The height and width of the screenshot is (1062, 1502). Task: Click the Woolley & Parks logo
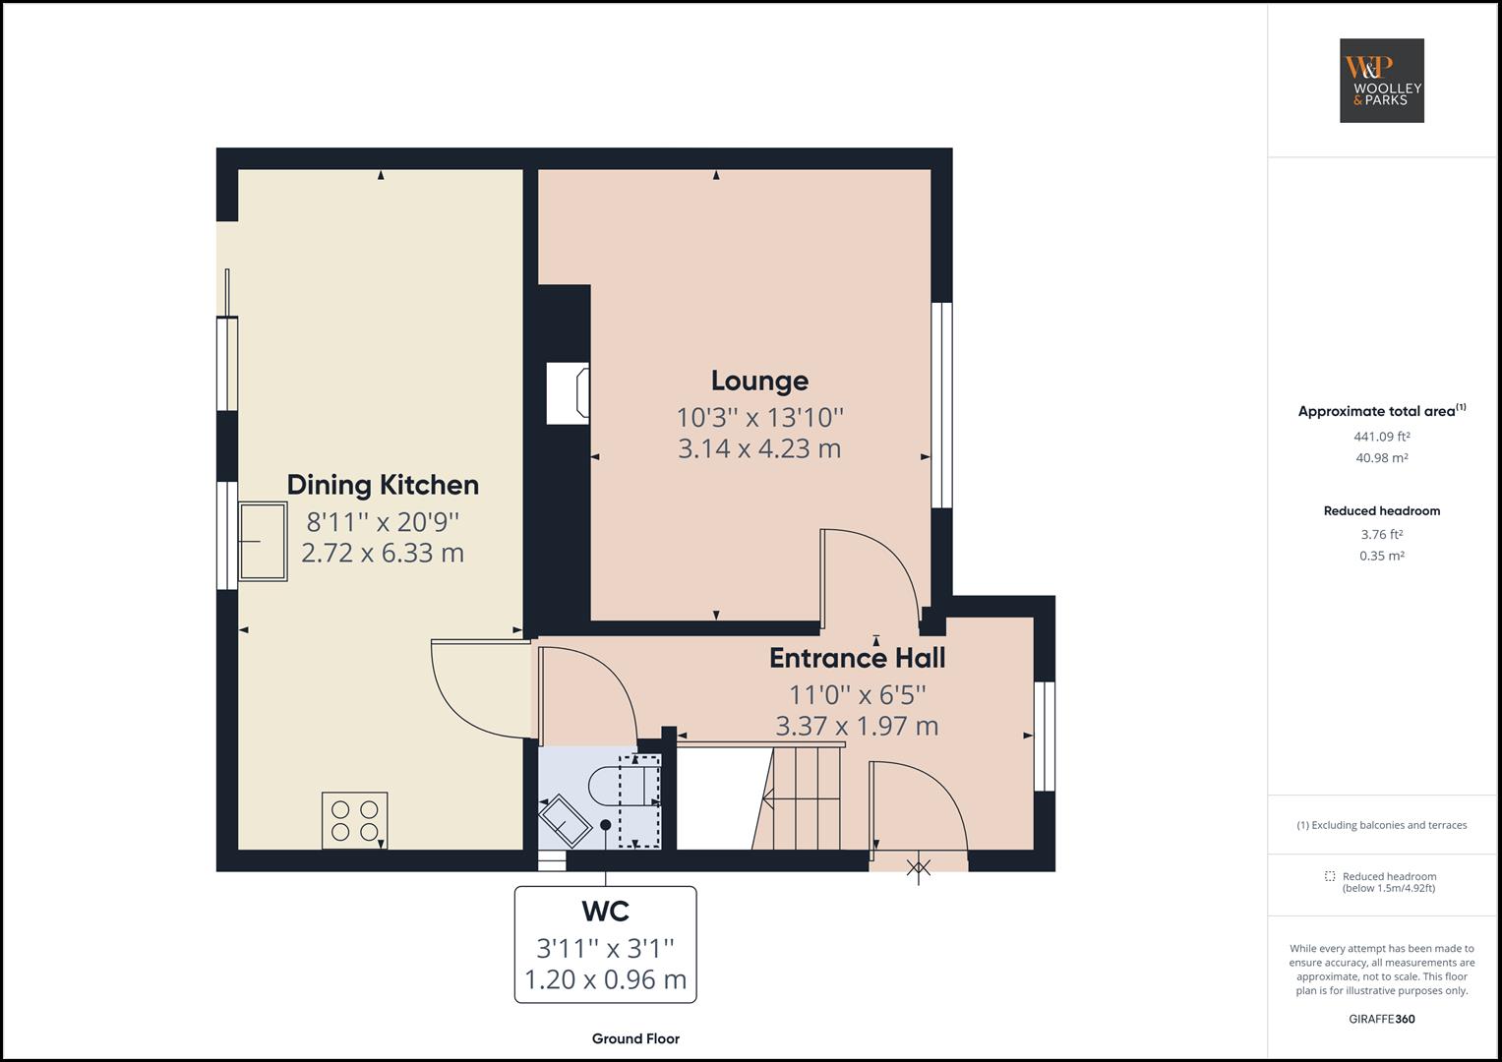click(1381, 81)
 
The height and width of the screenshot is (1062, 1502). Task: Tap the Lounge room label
click(759, 381)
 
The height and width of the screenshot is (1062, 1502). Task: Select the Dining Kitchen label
click(383, 485)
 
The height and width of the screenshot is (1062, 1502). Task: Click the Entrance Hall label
click(857, 658)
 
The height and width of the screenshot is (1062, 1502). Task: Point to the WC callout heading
click(605, 912)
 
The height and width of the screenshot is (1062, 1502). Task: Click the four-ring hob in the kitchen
click(354, 820)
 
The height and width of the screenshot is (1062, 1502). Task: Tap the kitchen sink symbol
click(263, 542)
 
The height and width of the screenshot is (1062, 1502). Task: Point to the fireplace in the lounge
click(568, 393)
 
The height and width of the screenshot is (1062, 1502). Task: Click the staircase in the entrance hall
click(802, 798)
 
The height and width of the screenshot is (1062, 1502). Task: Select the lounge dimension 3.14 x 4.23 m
click(759, 449)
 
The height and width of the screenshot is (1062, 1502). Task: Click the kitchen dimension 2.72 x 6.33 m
click(383, 553)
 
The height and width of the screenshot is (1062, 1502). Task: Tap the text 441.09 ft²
click(1381, 437)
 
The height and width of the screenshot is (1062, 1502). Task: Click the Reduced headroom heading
click(1381, 511)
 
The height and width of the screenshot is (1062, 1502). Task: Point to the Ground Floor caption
click(635, 1038)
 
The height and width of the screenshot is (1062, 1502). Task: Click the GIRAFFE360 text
click(1381, 1019)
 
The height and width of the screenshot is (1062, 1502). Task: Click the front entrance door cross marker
click(919, 867)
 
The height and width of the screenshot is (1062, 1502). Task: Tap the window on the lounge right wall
click(941, 404)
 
